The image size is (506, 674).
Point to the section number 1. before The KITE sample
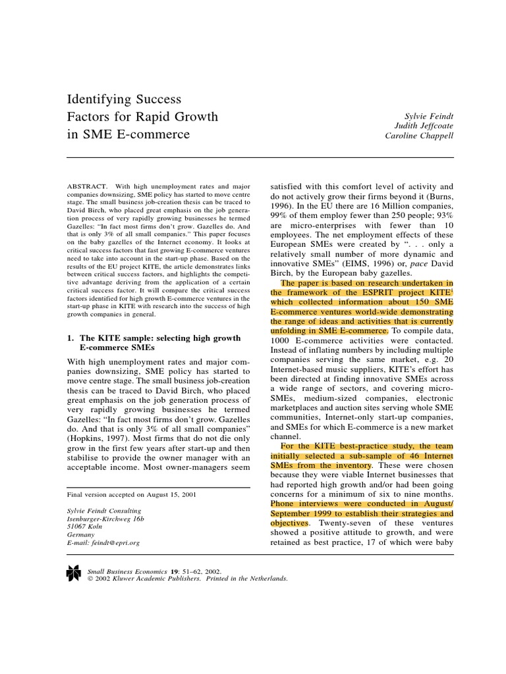tap(72, 338)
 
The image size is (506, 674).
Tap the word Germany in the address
tap(82, 535)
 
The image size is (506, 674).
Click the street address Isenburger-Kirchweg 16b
tap(108, 519)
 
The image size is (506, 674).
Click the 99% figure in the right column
tap(281, 211)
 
